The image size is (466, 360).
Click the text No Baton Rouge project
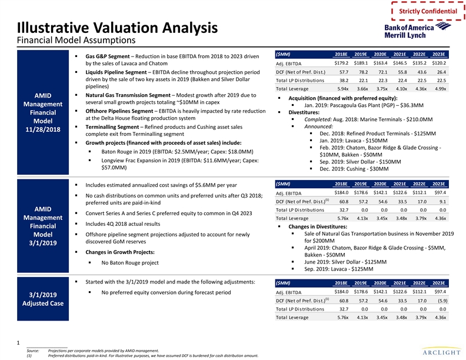pos(130,262)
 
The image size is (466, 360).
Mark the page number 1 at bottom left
pos(19,342)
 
